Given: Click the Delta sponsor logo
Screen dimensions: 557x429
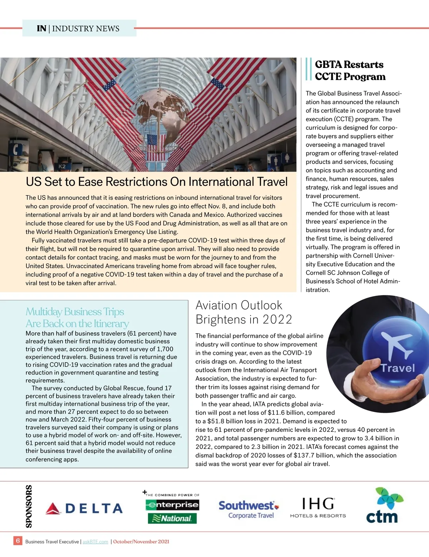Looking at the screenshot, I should (x=84, y=508).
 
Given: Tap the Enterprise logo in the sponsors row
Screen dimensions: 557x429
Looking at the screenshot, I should (x=172, y=505).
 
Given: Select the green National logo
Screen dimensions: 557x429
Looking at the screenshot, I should (x=172, y=518).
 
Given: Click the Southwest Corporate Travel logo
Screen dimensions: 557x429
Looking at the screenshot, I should (x=249, y=509).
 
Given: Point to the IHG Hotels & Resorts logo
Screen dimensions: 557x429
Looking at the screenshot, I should (x=318, y=508).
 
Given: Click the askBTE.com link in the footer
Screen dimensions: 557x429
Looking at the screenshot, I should (x=95, y=542).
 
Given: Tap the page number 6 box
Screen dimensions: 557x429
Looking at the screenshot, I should (x=18, y=541).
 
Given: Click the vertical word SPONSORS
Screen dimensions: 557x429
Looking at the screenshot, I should (x=29, y=506).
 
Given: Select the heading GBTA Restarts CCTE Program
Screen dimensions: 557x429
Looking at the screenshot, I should (x=350, y=70).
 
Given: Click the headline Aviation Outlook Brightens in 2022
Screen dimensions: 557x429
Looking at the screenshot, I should (x=243, y=312).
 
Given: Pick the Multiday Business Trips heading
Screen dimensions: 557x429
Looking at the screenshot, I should (x=77, y=317).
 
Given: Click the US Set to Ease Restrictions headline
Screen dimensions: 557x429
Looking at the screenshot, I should (x=157, y=182).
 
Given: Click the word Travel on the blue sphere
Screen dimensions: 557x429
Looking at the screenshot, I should (x=398, y=368).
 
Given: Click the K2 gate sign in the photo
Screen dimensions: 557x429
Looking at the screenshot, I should (x=62, y=166).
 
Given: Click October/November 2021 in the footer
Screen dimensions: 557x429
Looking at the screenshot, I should (x=141, y=542).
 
